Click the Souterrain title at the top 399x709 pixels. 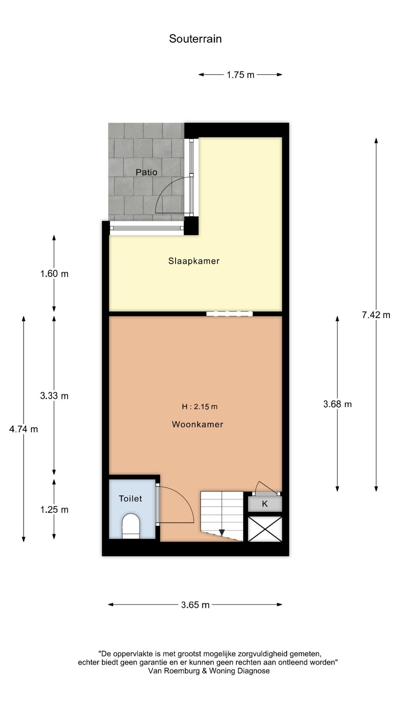coord(195,39)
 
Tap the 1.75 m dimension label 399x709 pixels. coord(241,75)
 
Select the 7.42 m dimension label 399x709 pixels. coord(376,315)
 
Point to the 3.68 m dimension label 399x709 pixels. coord(337,404)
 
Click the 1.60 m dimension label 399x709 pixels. coord(54,274)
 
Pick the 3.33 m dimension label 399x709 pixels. coord(54,396)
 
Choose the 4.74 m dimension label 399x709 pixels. coord(24,429)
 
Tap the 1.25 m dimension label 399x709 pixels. coord(54,510)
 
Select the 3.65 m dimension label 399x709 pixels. coord(195,605)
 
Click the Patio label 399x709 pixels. coord(146,172)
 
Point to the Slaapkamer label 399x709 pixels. coord(194,261)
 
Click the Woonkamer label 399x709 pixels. coord(198,424)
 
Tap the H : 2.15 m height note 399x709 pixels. coord(199,407)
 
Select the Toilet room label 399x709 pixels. coord(130,499)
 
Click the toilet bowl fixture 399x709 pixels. coord(131,525)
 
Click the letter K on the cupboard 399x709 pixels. coord(265,504)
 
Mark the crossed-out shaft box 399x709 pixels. coord(265,529)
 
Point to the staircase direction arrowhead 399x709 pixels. coord(222,532)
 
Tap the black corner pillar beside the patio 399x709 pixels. coord(191,225)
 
